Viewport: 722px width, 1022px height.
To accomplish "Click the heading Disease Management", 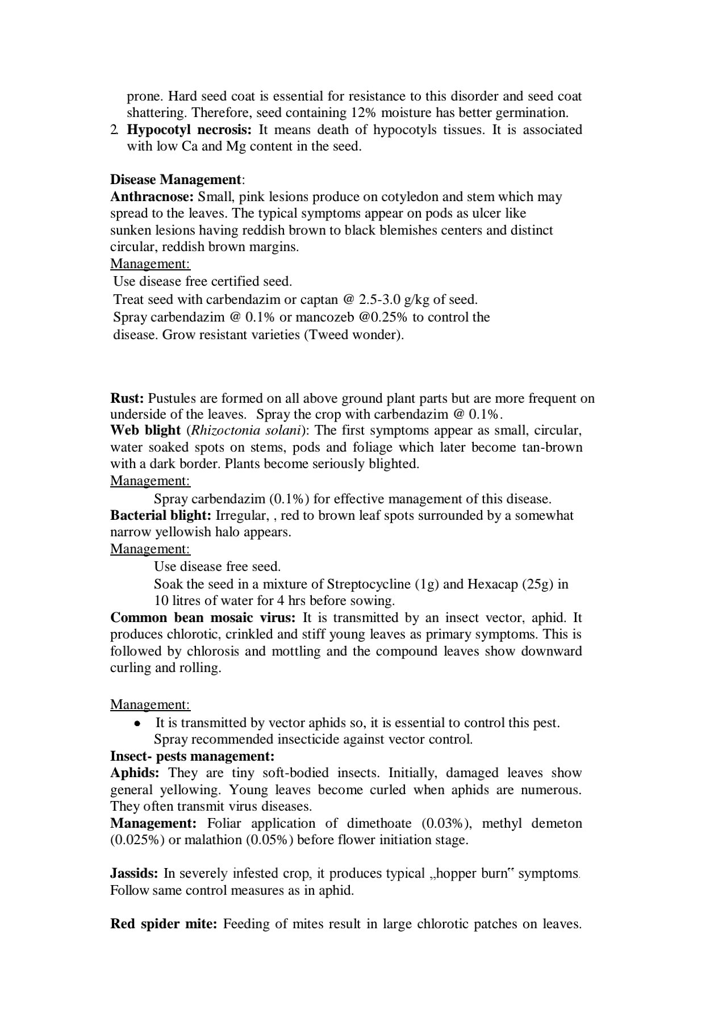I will (176, 180).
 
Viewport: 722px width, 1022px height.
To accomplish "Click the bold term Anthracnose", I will (152, 197).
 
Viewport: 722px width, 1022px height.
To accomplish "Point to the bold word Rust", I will (127, 398).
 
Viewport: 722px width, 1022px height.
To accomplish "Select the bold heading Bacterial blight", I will (161, 515).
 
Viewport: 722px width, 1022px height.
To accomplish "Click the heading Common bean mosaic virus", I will (203, 618).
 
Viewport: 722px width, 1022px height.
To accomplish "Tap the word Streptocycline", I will (369, 583).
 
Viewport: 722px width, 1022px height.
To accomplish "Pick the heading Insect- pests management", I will (192, 756).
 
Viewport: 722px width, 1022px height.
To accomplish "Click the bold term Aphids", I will (135, 773).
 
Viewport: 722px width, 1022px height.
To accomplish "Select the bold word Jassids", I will (134, 873).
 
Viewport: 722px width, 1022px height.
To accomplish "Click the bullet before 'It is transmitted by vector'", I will (136, 723).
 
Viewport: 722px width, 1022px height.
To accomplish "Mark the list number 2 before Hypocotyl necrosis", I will (114, 130).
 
